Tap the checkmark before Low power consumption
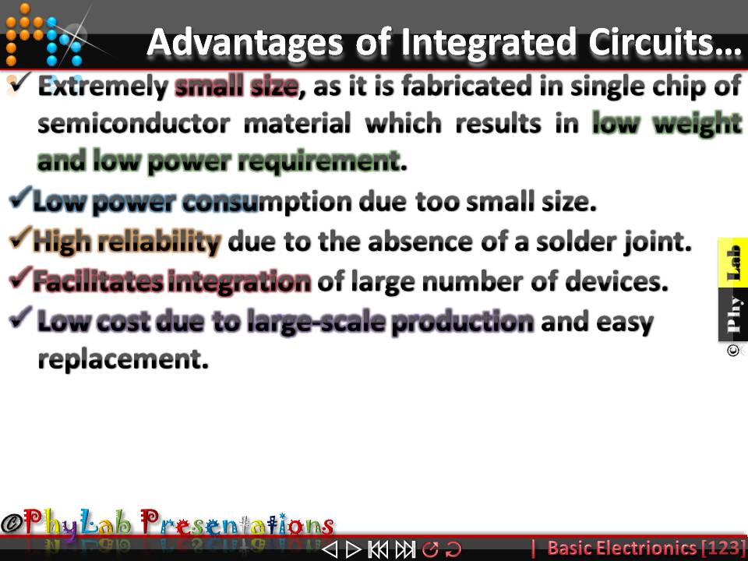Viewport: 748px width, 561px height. click(21, 201)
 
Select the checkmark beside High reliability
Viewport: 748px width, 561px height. click(21, 241)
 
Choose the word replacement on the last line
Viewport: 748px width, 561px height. click(123, 360)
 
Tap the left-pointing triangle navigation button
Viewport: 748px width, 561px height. click(330, 549)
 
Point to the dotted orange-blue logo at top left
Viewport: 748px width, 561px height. click(43, 35)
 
